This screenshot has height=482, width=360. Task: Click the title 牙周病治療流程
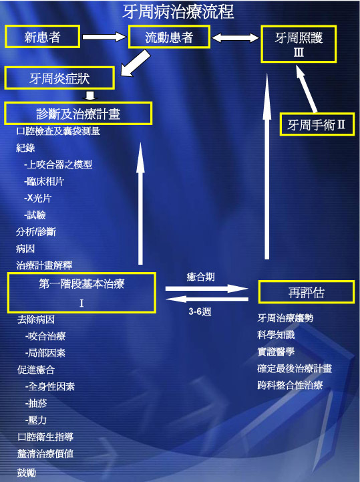click(178, 12)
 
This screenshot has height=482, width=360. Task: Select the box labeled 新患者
click(42, 37)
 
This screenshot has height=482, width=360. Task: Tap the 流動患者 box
click(169, 37)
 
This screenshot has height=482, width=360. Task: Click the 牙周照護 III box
click(299, 44)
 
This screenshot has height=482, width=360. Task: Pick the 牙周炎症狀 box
click(59, 78)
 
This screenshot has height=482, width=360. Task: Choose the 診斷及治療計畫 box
click(78, 114)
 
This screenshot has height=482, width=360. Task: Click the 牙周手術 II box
click(317, 124)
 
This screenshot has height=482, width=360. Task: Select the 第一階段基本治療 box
click(81, 293)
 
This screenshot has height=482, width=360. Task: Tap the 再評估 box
click(307, 292)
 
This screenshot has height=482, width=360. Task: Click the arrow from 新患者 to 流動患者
click(104, 37)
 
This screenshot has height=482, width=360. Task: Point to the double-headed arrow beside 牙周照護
click(236, 37)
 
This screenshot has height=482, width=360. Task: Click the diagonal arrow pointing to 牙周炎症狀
click(136, 64)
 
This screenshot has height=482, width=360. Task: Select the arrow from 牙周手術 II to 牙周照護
click(307, 88)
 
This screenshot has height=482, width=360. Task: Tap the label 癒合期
click(200, 277)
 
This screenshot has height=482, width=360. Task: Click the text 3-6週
click(200, 312)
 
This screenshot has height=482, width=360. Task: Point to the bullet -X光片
click(37, 198)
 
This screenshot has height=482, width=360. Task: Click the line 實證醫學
click(276, 352)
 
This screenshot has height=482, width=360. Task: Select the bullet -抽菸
click(36, 403)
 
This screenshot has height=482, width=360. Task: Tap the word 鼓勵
click(27, 473)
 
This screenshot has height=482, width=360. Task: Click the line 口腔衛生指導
click(45, 437)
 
